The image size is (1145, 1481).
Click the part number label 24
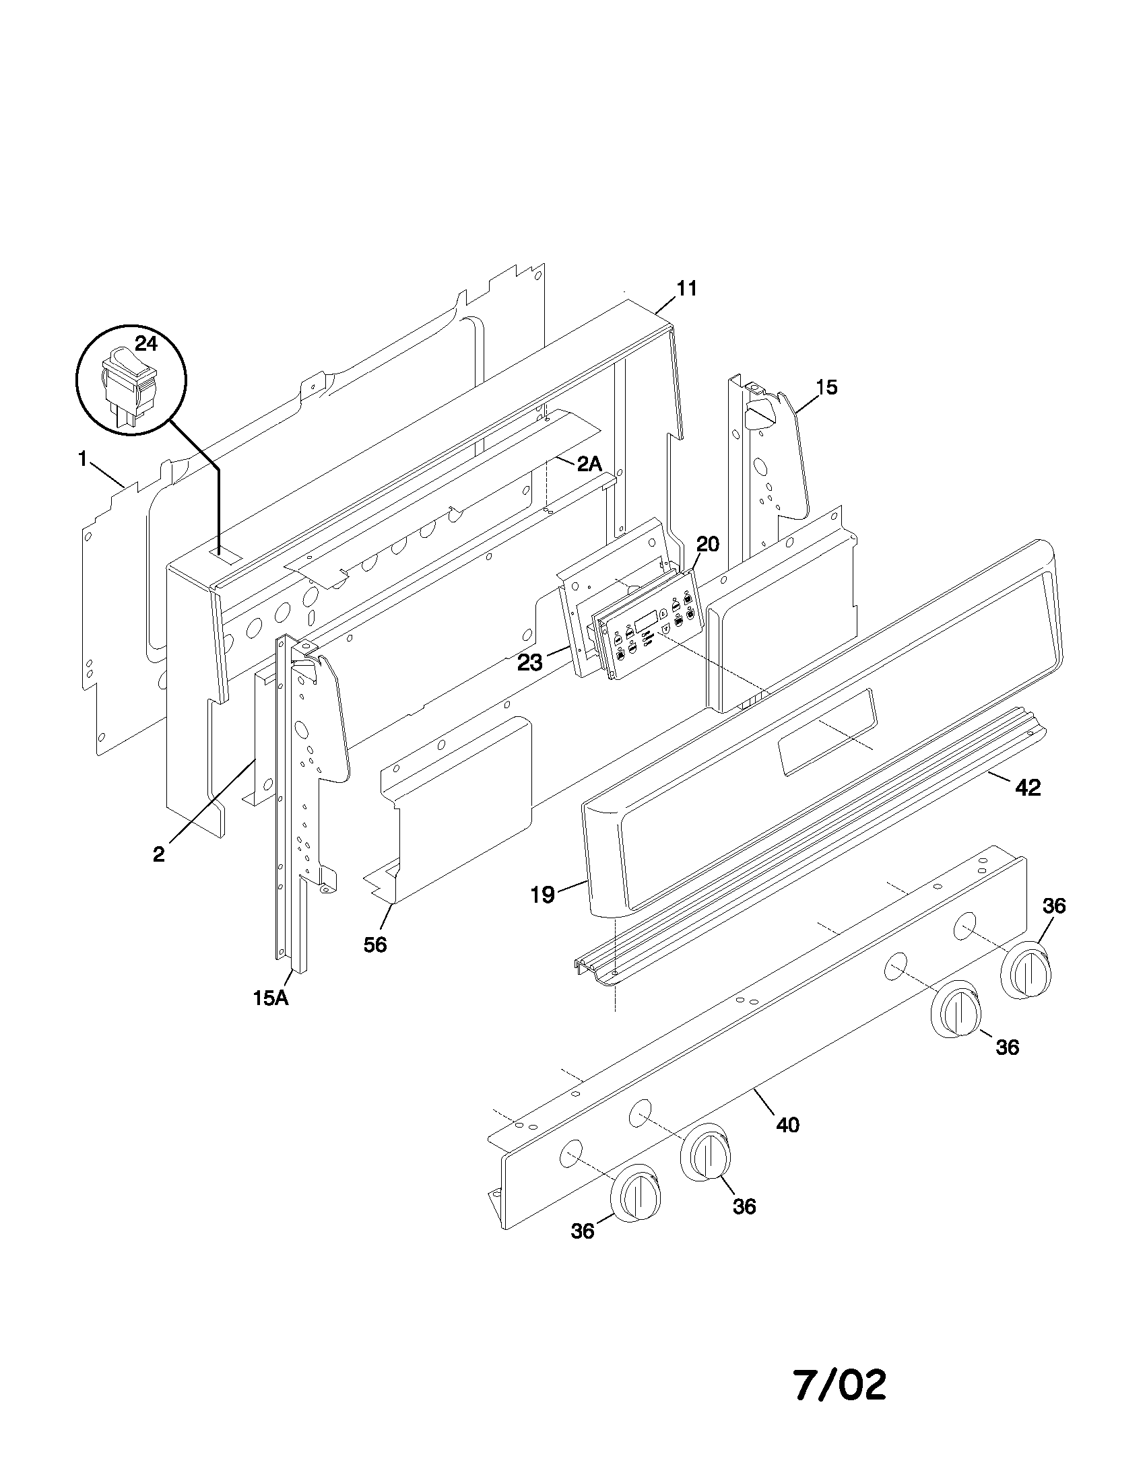pyautogui.click(x=145, y=344)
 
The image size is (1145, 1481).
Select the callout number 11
pyautogui.click(x=686, y=288)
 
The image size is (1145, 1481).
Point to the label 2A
pyautogui.click(x=589, y=464)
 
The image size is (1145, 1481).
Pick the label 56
pyautogui.click(x=374, y=944)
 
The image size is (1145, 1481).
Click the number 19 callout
pyautogui.click(x=542, y=895)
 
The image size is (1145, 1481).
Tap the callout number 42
pyautogui.click(x=1028, y=788)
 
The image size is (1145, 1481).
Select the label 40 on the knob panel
pyautogui.click(x=787, y=1126)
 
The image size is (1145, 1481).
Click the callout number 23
pyautogui.click(x=530, y=663)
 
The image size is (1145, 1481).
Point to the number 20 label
pyautogui.click(x=707, y=544)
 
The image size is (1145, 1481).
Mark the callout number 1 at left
pyautogui.click(x=83, y=459)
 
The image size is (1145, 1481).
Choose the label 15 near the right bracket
pyautogui.click(x=826, y=387)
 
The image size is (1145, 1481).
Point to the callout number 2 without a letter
pyautogui.click(x=158, y=854)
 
